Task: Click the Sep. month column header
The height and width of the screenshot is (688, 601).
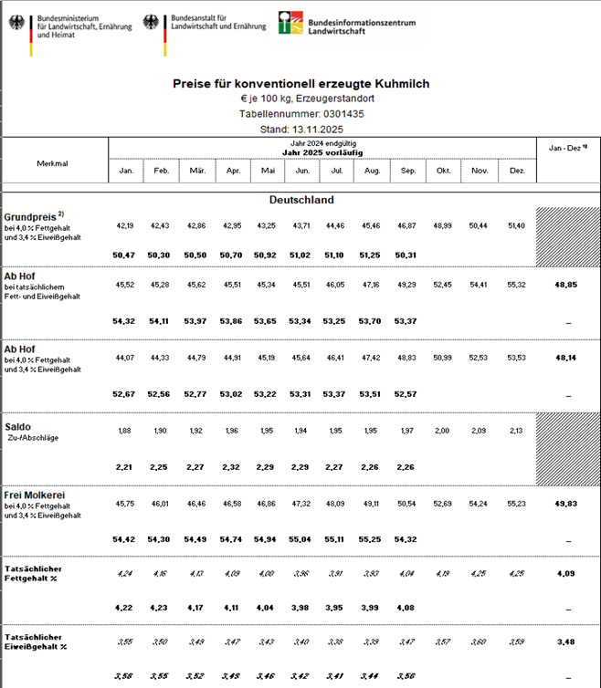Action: [x=409, y=171]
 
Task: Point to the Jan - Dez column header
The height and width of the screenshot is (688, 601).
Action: [x=566, y=147]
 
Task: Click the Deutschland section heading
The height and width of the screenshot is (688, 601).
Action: [x=301, y=199]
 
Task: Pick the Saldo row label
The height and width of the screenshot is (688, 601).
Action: [x=19, y=426]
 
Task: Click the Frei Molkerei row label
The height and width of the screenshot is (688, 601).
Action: [x=37, y=495]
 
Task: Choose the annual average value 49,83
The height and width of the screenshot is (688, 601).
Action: [x=566, y=504]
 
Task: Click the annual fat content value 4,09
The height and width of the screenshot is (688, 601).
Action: [x=566, y=574]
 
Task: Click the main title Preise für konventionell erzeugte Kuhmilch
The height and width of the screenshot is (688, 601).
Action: [x=300, y=83]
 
